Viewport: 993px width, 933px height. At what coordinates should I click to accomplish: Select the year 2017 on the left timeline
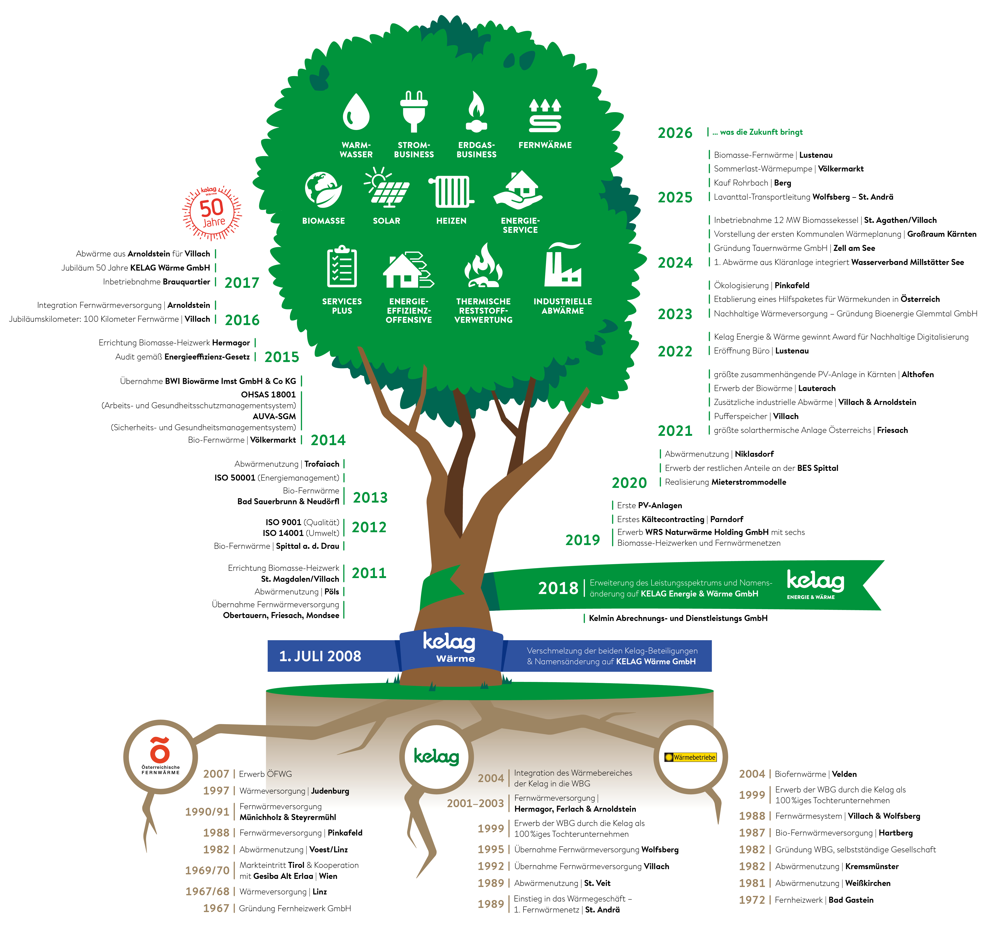[x=242, y=283]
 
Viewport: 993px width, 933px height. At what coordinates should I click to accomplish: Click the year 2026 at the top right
[x=675, y=133]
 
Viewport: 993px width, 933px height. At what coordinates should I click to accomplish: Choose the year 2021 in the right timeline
[x=675, y=431]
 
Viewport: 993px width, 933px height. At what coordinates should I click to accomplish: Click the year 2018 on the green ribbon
[x=558, y=588]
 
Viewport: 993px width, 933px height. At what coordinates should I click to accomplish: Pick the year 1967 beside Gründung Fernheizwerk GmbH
[x=216, y=908]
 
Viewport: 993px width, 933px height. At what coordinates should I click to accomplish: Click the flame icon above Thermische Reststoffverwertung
[x=483, y=266]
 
